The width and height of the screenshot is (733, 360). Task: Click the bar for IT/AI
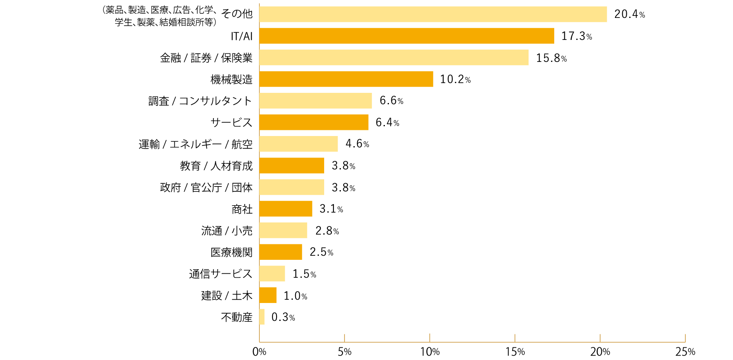coord(406,36)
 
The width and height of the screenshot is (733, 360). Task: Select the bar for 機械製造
coord(346,79)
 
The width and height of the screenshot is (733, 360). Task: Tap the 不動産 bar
coord(262,317)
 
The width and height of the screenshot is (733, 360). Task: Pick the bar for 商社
coord(285,209)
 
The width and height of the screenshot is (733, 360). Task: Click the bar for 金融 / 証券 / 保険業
coord(394,57)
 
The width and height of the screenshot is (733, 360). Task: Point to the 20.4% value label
coord(630,14)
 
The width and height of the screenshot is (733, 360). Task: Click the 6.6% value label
coord(391,101)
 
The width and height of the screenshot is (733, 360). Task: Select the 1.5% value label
coord(304,274)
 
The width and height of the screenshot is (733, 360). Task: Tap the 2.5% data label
coord(321,252)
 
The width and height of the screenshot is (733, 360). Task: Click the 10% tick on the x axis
coord(430,352)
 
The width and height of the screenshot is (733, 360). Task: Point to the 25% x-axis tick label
coord(685,352)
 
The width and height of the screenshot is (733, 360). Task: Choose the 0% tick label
coord(259,352)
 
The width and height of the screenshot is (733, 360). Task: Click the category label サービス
coord(231,122)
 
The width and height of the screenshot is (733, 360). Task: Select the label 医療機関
coord(231,252)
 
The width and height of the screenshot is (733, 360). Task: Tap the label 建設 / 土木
coord(227,295)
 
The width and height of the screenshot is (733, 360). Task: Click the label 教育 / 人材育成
coord(216,166)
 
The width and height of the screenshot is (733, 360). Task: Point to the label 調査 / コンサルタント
coord(200,101)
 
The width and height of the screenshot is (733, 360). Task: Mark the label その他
coord(237,14)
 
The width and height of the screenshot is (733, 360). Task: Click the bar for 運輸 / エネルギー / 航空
coord(298,144)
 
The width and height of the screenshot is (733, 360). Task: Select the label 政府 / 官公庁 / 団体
coord(206,187)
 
